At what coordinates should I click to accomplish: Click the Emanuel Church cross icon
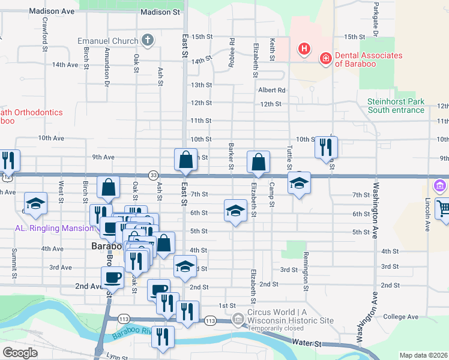148,41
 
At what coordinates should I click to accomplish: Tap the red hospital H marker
304,48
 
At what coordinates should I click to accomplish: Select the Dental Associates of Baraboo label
368,59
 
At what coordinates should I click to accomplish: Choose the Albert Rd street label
271,90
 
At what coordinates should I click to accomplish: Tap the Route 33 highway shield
154,175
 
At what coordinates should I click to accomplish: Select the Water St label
307,343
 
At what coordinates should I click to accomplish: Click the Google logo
20,352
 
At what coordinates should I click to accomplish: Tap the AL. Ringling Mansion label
54,228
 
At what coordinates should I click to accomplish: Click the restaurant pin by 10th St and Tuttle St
326,147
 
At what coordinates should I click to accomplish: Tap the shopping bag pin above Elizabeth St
258,161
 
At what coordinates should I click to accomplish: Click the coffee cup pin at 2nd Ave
112,278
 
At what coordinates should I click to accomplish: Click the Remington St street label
306,268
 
